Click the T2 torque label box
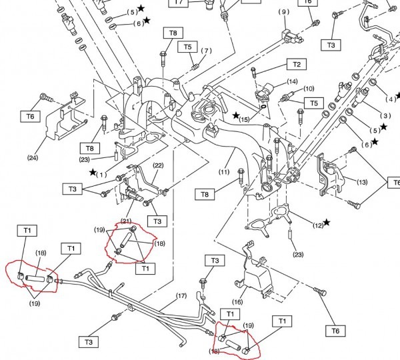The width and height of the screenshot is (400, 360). (297, 64)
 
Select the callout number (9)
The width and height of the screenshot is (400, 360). (284, 12)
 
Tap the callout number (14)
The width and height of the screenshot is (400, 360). (293, 81)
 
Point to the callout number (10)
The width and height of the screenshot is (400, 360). (309, 89)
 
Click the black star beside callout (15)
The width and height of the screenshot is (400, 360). (236, 115)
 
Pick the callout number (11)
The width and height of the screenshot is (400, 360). (224, 172)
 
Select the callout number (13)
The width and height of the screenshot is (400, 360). (362, 182)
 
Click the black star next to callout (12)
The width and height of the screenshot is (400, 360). (327, 223)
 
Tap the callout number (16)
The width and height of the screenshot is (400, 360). (237, 302)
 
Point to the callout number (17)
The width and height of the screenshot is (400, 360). (181, 296)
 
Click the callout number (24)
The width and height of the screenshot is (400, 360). (33, 158)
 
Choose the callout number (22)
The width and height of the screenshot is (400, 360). (158, 165)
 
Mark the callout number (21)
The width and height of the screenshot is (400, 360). (126, 221)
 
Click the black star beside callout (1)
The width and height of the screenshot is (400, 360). (93, 172)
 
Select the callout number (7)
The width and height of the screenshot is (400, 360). (206, 51)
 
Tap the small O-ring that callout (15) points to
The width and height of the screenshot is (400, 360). (264, 106)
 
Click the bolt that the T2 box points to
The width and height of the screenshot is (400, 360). (253, 72)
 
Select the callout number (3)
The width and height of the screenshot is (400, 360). (385, 115)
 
